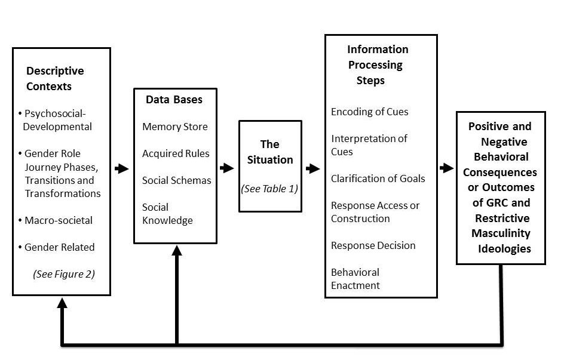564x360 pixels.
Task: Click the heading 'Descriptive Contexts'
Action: coord(55,78)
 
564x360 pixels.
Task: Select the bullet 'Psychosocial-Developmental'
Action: coord(58,119)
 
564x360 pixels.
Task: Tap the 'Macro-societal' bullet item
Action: coord(59,220)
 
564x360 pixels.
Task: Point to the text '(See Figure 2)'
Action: coord(64,274)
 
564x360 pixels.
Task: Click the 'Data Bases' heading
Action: coord(174,100)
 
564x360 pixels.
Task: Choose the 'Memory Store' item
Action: coord(175,127)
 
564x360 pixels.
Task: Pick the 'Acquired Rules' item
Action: coord(176,153)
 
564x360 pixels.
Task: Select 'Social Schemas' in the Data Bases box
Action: coord(176,180)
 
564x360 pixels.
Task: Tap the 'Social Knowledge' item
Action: coord(167,214)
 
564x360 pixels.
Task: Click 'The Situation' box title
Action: coord(270,152)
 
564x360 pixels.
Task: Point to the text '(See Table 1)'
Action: coord(269,189)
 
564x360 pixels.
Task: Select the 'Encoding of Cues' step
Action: coord(370,112)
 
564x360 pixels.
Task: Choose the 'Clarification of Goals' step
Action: coord(378,178)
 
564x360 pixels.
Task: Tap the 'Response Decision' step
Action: coord(373,245)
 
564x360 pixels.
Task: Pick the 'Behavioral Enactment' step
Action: coord(355,278)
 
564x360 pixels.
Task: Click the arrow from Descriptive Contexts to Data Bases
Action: coord(122,169)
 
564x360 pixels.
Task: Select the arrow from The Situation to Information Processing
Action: coord(312,169)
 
